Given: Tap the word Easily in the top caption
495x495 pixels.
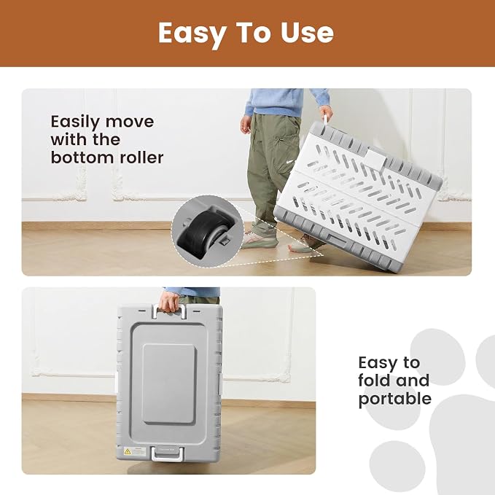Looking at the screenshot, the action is (75, 122).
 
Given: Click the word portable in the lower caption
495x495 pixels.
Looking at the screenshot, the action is (395, 399).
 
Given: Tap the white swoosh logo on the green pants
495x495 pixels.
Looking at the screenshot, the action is (291, 162).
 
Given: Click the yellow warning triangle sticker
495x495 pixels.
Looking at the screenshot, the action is (128, 451).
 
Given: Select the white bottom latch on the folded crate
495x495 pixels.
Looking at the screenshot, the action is (168, 453).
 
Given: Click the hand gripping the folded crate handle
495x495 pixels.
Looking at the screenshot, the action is (169, 302).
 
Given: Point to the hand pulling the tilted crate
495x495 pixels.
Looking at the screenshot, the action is (327, 114).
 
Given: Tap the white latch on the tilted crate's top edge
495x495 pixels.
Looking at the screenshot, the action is (376, 158).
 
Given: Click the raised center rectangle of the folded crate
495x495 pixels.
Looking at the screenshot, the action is (168, 383).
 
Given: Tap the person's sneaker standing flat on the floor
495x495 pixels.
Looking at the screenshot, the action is (260, 241).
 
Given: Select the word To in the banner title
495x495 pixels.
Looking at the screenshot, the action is (254, 32).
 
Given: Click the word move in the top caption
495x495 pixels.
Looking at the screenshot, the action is (130, 122).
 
